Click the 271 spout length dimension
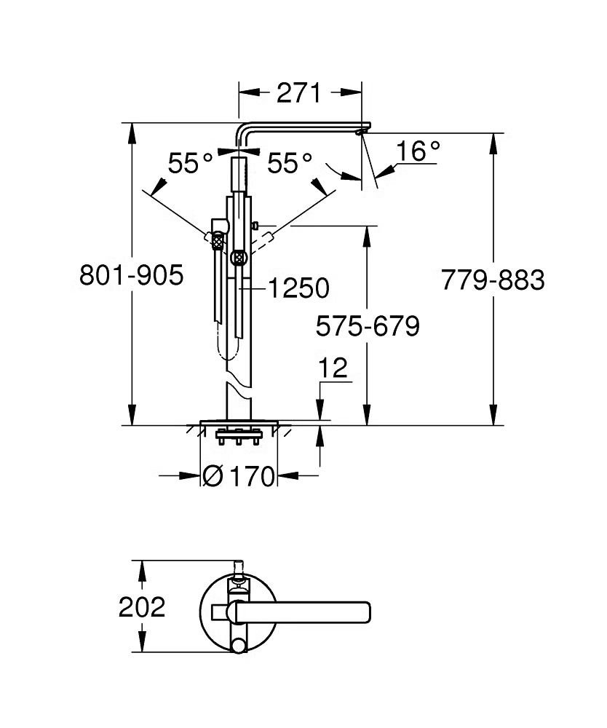(x=299, y=93)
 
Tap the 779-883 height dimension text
(x=493, y=279)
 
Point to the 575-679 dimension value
(x=368, y=327)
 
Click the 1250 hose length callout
(x=297, y=289)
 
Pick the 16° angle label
(x=418, y=151)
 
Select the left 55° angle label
(x=190, y=163)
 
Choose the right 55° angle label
(x=289, y=163)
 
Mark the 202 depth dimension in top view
(x=142, y=606)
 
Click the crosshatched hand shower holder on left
(x=216, y=237)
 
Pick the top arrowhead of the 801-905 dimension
(x=132, y=128)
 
